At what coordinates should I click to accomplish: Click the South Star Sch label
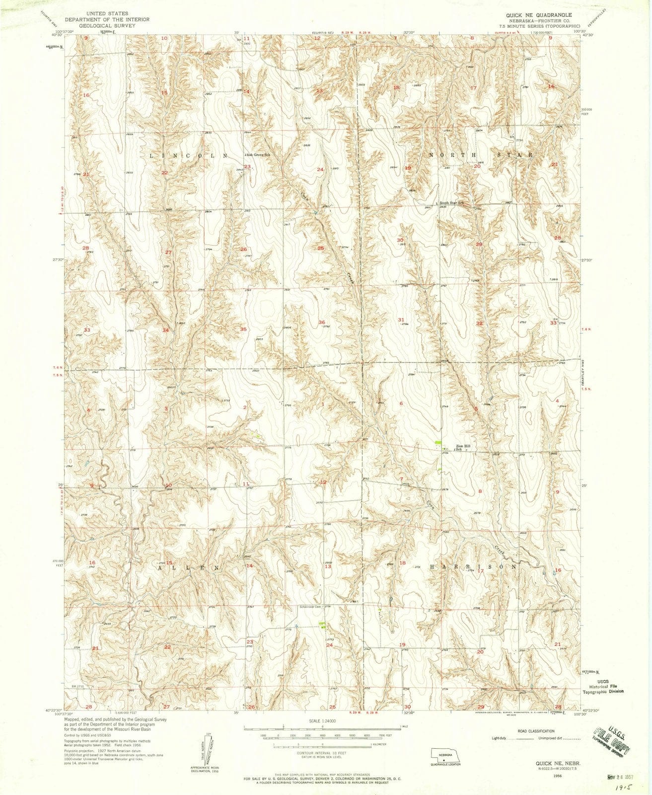click(x=450, y=203)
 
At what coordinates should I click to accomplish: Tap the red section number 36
click(x=322, y=322)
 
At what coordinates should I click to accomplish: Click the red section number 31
click(x=401, y=319)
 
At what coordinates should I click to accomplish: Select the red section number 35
click(x=243, y=329)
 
